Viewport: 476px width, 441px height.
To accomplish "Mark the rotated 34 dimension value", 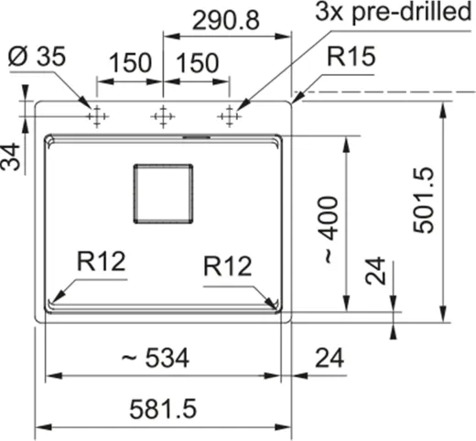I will tap(11, 156).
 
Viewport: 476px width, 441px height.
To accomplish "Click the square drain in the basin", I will tap(164, 193).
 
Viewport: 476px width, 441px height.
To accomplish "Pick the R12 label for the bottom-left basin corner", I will tap(102, 262).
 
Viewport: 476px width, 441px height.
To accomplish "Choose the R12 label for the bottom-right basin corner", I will tap(228, 266).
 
